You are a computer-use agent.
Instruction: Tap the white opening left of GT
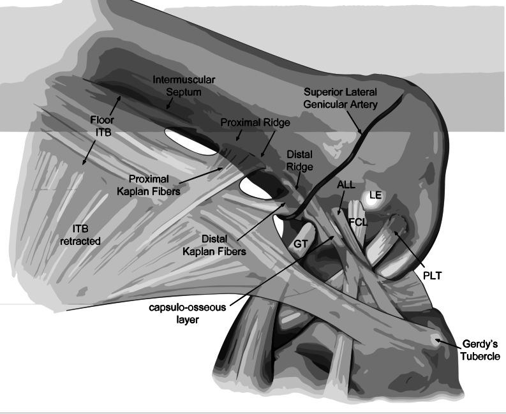280,228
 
